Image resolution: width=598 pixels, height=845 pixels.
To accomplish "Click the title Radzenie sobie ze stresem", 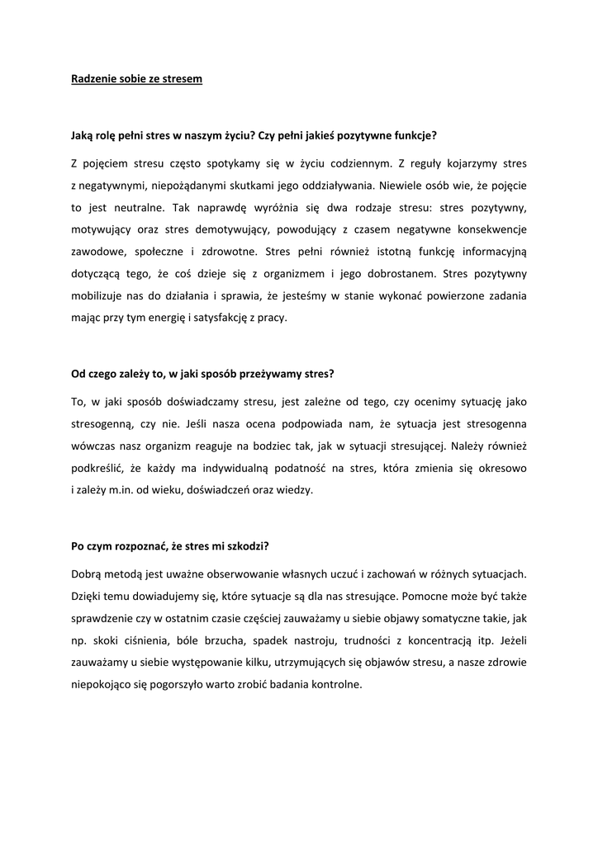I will [x=135, y=79].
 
